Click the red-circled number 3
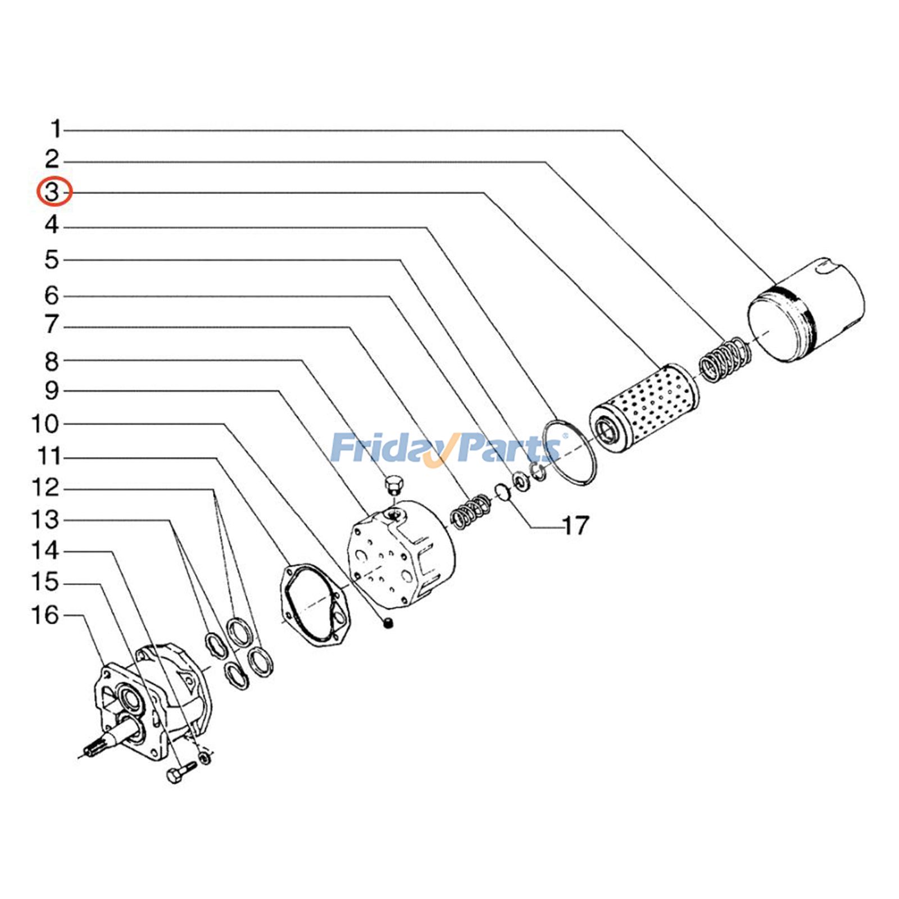coord(53,192)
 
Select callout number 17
coord(575,526)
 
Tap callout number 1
coord(55,129)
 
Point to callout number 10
coord(45,424)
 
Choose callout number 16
coord(45,615)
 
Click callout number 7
coord(52,325)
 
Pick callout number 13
coord(45,520)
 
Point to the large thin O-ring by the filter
coord(569,452)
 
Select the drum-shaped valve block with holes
coord(402,553)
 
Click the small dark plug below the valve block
coord(388,623)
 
